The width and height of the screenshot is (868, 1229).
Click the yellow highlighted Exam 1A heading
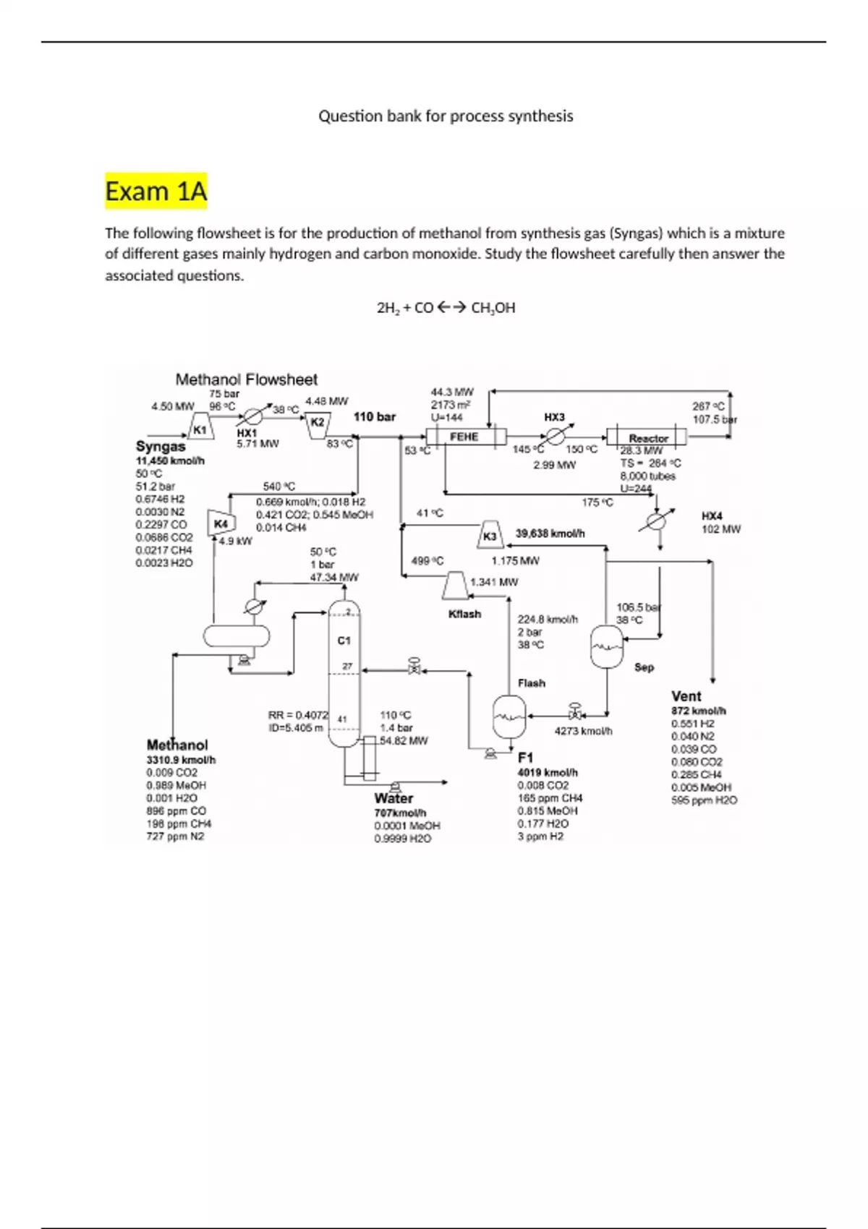(x=156, y=192)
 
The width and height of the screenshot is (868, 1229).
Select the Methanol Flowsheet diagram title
(x=247, y=380)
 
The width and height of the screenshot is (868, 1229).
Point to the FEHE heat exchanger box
(x=463, y=437)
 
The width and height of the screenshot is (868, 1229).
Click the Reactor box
(x=647, y=438)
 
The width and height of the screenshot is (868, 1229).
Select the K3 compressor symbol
(x=490, y=535)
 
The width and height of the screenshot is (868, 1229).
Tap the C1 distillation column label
(x=344, y=641)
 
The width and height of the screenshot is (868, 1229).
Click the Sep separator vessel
(x=606, y=645)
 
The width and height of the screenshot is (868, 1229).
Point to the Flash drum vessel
(x=509, y=715)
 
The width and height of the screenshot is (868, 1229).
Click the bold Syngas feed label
(x=161, y=447)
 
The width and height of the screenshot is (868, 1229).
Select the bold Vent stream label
(x=686, y=696)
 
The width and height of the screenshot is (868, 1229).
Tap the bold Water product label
(x=393, y=799)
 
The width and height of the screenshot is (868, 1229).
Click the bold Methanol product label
(x=177, y=745)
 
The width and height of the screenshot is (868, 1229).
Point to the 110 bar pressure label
(x=375, y=416)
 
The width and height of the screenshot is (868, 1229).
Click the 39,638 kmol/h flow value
(x=550, y=534)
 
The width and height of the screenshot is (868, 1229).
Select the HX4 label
(x=712, y=516)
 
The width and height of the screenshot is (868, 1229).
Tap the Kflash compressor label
(x=464, y=614)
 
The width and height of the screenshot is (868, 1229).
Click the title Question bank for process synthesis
(x=446, y=116)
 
